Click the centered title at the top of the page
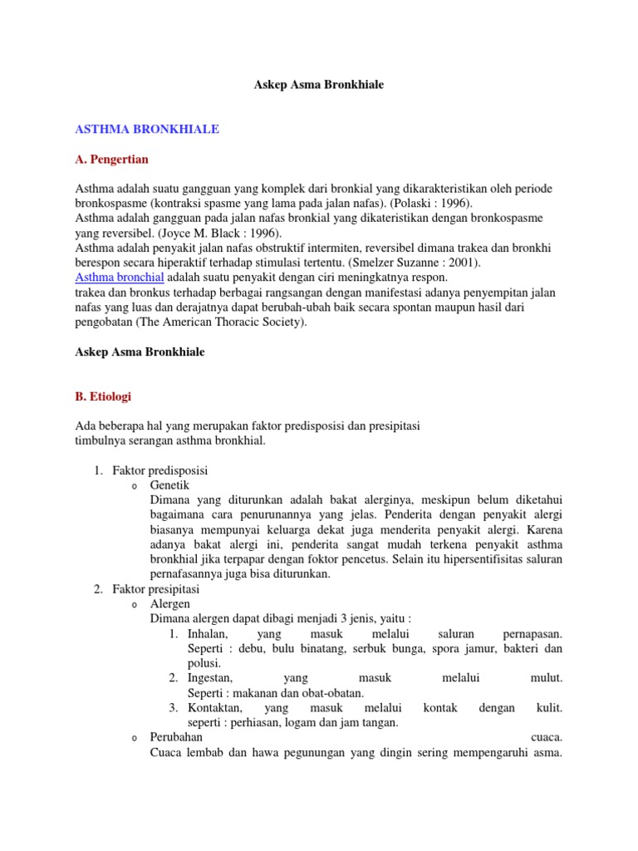click(x=318, y=86)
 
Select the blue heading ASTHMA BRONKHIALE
click(x=147, y=130)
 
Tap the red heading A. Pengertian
click(x=112, y=158)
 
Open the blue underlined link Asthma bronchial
click(x=120, y=278)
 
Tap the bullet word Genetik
click(x=169, y=485)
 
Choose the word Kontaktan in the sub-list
click(x=215, y=708)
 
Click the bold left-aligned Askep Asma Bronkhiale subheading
click(x=140, y=352)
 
